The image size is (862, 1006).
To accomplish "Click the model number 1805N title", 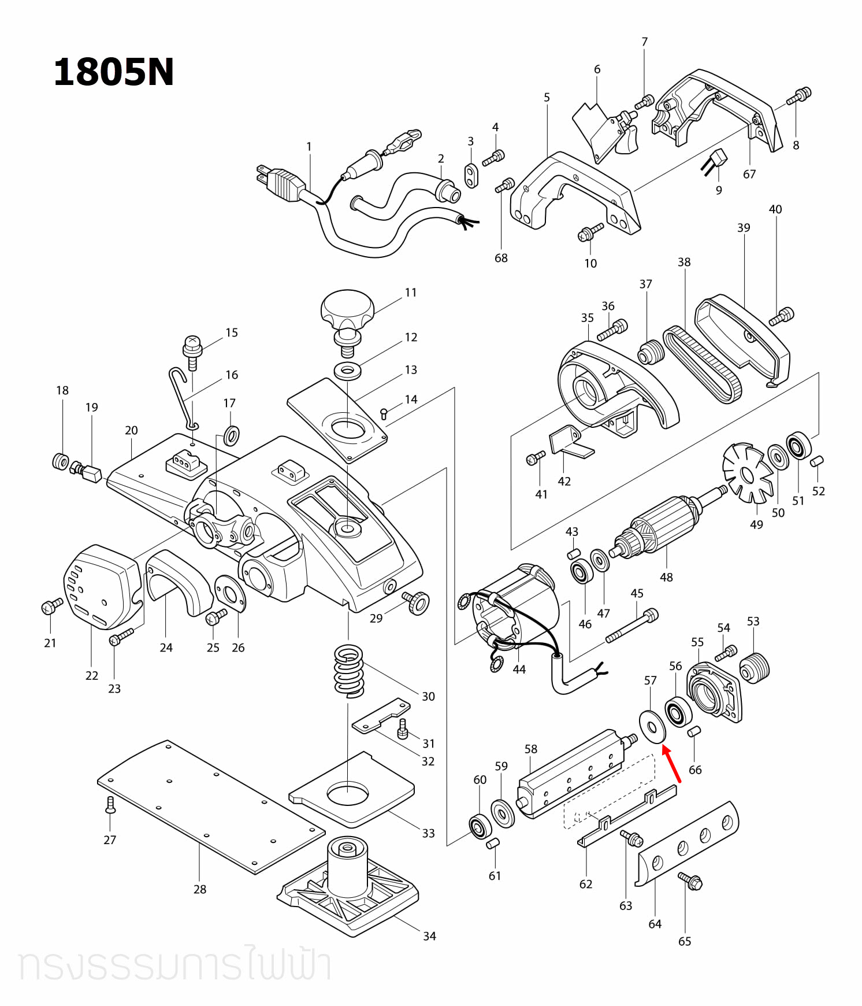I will tap(113, 73).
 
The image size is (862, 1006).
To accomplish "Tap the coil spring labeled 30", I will tap(349, 671).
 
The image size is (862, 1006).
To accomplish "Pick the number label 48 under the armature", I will tap(666, 577).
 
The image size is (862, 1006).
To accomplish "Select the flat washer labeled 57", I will tap(652, 726).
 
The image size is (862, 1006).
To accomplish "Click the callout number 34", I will tap(429, 936).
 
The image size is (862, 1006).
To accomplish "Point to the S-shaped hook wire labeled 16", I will tap(185, 399).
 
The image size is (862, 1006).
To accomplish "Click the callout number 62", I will tap(586, 884).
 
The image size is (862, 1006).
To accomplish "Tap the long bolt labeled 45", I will tap(632, 626).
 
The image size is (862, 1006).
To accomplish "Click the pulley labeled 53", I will tap(755, 667).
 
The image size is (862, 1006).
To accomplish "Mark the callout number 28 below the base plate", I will tap(200, 889).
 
